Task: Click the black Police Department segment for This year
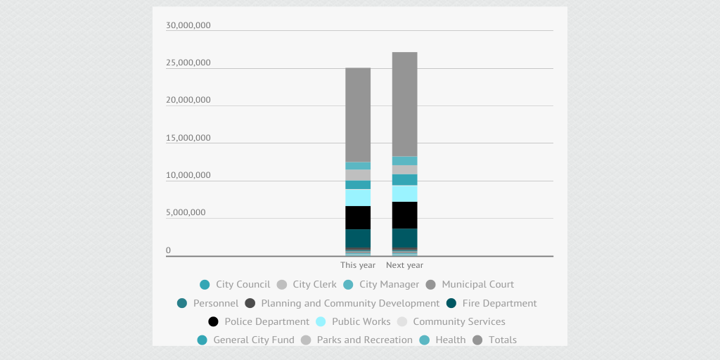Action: click(358, 217)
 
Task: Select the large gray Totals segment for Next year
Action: click(404, 104)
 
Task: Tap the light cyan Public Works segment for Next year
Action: click(404, 193)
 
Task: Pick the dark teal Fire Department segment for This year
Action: click(358, 238)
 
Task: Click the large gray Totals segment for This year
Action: click(358, 115)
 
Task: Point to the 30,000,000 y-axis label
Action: click(188, 26)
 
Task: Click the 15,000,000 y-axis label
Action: click(188, 138)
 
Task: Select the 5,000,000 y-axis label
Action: click(186, 212)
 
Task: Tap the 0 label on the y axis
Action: click(168, 250)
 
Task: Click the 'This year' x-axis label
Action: click(358, 265)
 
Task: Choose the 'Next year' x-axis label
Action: click(404, 265)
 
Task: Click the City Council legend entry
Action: click(235, 285)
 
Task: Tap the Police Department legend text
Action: click(266, 322)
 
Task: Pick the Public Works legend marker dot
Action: click(321, 322)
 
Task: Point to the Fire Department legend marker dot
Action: click(451, 304)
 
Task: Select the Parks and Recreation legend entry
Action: click(356, 340)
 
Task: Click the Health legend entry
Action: click(442, 340)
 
